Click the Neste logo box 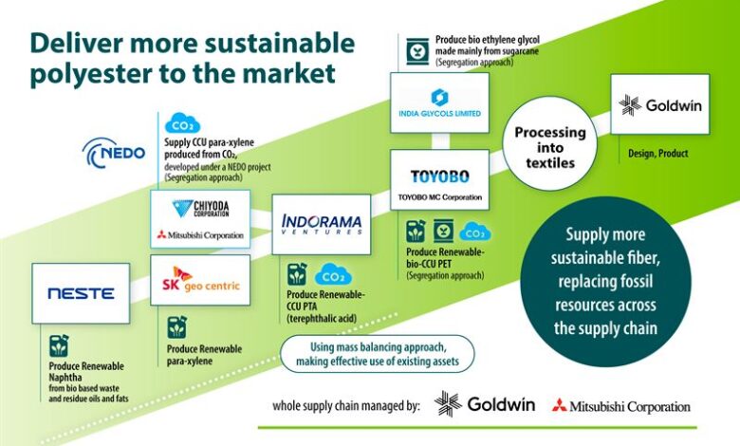point(81,293)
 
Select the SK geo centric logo point(200,280)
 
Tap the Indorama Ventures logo point(322,224)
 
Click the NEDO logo point(114,153)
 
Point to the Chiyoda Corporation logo point(200,208)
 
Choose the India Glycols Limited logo point(439,102)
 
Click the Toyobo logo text point(440,177)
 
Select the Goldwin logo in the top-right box point(659,104)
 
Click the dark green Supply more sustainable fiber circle point(605,282)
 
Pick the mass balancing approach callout point(377,354)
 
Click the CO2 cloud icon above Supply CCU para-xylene point(182,123)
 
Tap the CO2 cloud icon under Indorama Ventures point(333,274)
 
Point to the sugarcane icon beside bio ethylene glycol point(417,51)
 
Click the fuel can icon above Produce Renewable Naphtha point(59,346)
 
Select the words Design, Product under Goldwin point(657,154)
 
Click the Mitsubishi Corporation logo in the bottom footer point(621,406)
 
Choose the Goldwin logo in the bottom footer point(485,404)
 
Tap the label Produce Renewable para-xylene point(204,355)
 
